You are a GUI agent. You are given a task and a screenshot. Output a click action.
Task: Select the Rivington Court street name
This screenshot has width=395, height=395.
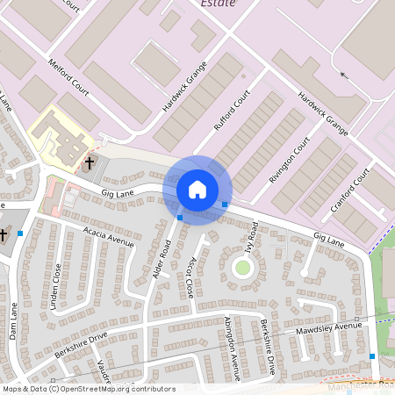point(290,158)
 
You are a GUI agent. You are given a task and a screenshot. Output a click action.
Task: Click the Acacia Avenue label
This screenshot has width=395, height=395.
point(108,235)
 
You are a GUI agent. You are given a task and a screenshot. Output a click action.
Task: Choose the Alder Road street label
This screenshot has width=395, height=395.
point(161,259)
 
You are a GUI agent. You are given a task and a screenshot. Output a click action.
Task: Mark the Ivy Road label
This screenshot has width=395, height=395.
point(253,235)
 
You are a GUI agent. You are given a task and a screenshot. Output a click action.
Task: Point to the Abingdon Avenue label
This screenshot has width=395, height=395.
point(231,348)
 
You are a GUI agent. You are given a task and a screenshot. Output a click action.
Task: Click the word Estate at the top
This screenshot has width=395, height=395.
point(218,4)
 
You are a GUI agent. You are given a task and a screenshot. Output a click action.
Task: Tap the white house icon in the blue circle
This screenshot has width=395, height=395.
point(197,189)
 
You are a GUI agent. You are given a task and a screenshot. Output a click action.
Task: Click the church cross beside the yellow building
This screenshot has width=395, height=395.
point(89,163)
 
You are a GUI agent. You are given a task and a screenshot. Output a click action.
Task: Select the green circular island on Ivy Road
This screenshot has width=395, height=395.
point(242,267)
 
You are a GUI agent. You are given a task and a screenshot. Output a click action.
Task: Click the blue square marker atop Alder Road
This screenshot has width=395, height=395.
point(180,217)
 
